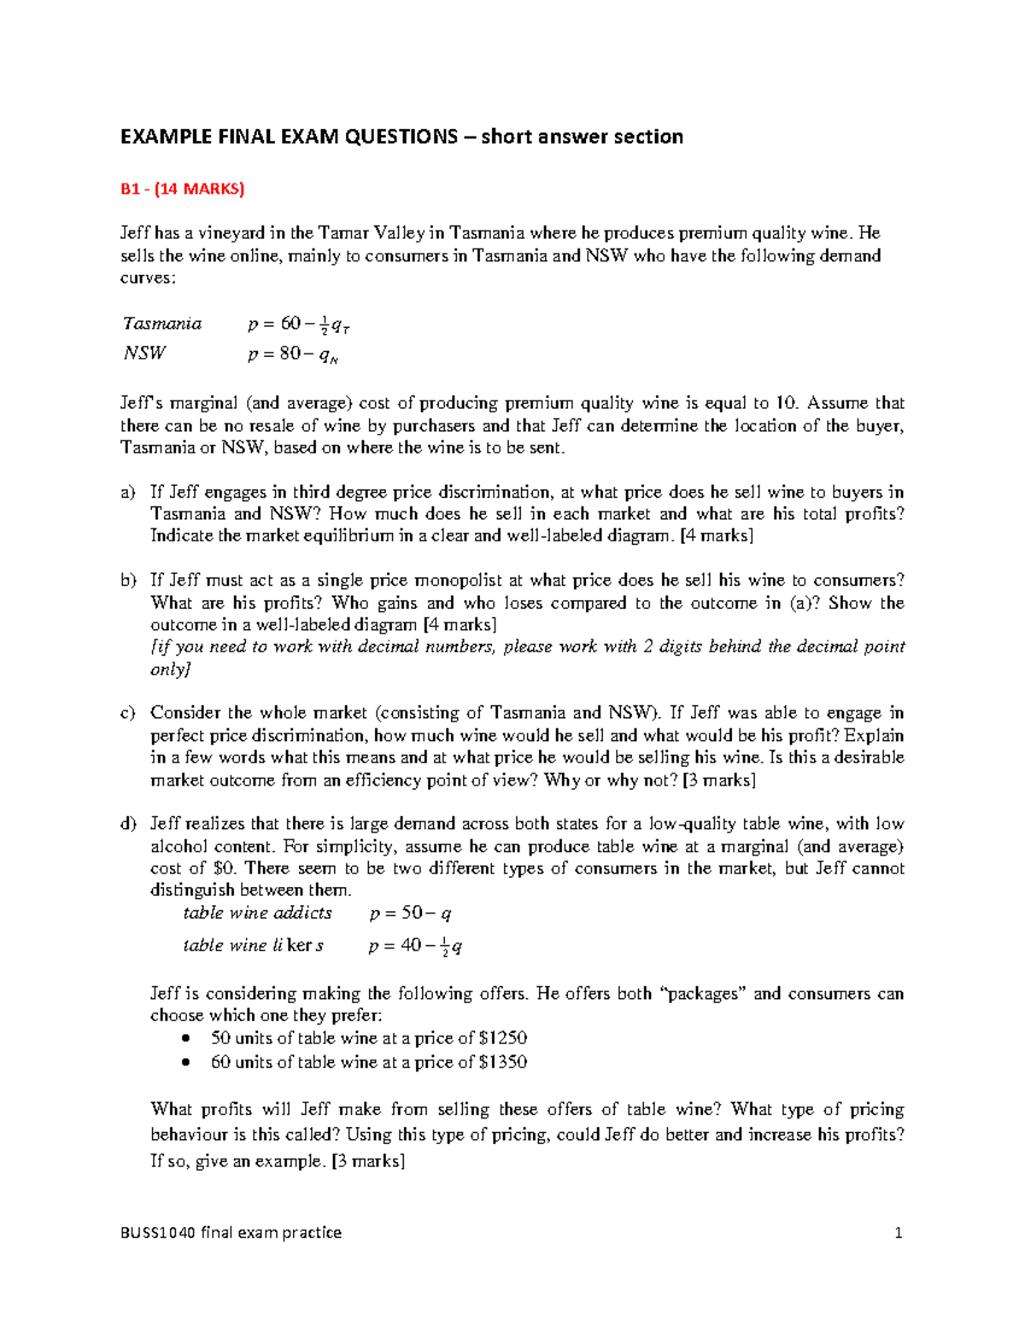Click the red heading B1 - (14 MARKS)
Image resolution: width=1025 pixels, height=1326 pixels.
point(182,189)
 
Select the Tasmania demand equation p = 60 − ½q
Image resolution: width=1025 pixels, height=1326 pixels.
point(298,324)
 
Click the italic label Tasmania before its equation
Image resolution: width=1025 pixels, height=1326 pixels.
point(162,324)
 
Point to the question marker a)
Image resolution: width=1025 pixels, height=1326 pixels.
point(128,493)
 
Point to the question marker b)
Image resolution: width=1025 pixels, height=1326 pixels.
point(128,581)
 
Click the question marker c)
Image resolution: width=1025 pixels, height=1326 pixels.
point(128,713)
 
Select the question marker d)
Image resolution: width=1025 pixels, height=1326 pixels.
point(128,824)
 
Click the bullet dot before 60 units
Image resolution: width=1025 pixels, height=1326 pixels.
point(185,1062)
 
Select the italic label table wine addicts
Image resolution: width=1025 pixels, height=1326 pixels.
point(257,913)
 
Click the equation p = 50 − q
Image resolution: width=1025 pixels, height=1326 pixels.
point(410,913)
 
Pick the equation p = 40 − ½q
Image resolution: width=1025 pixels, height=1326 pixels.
point(415,946)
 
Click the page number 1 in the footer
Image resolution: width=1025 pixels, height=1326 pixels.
point(898,1232)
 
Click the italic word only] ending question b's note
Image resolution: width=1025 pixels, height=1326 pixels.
point(170,669)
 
